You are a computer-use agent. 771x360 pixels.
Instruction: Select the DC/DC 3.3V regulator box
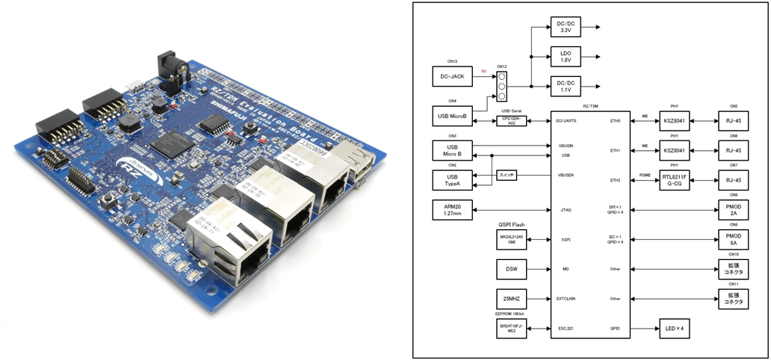point(565,28)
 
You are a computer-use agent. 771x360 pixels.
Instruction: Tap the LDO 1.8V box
point(565,56)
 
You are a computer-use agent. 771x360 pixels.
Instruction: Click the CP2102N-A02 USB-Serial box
point(511,120)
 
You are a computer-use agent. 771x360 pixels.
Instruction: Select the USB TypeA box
point(453,180)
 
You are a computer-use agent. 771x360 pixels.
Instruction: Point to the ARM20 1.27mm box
point(453,211)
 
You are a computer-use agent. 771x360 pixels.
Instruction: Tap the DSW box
point(511,269)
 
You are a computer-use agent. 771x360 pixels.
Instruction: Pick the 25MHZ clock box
point(511,298)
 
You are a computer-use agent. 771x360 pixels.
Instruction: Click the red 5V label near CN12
point(484,72)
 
